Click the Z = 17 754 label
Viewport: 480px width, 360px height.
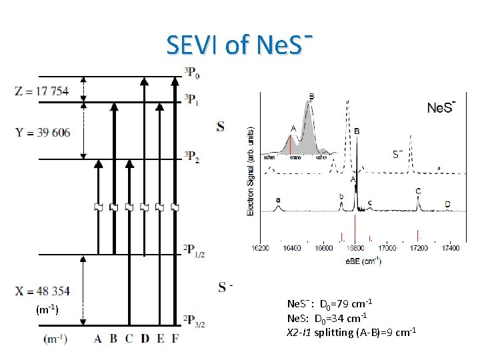tap(41, 91)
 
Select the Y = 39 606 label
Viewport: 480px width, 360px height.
tap(42, 132)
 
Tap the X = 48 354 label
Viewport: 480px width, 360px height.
tap(42, 291)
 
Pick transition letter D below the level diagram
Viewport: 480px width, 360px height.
tap(145, 339)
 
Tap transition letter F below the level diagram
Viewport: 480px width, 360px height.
tap(175, 339)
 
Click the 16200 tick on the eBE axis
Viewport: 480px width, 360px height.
tap(261, 248)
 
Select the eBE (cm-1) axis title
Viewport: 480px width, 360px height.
tap(363, 260)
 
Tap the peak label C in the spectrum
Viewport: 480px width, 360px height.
tap(418, 192)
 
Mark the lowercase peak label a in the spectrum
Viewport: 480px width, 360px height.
tap(277, 199)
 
